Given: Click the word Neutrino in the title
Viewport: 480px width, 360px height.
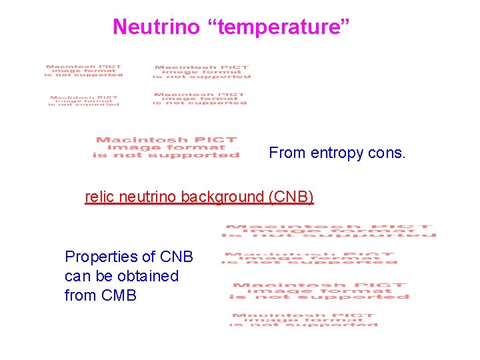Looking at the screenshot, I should [x=156, y=27].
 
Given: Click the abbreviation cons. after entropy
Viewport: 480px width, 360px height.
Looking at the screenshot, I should [x=386, y=153].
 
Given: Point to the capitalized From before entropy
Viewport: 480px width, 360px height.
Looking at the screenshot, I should [x=287, y=153].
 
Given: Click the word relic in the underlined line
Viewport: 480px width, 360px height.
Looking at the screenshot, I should [x=99, y=197].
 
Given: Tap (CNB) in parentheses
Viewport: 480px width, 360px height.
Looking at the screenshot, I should [x=291, y=197].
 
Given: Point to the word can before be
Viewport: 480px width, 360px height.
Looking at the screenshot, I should [x=76, y=276].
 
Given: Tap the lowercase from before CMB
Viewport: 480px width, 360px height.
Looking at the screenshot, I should [x=79, y=295].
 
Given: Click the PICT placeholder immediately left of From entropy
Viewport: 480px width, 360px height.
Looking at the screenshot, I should [x=166, y=147].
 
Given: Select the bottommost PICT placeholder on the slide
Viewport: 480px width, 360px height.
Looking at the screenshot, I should [x=304, y=320].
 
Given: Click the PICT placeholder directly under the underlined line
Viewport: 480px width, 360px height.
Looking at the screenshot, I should [x=329, y=231].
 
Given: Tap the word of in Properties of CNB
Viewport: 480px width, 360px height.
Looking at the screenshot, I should [x=149, y=257].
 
